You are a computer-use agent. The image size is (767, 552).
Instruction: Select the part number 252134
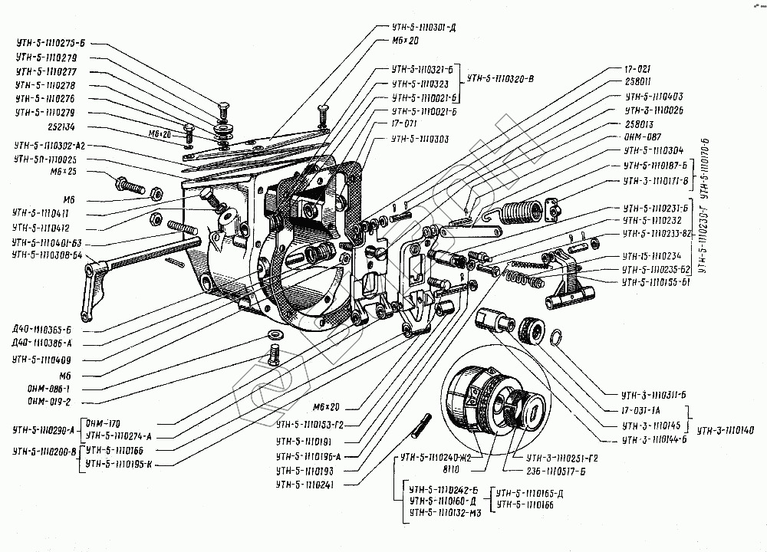(x=29, y=127)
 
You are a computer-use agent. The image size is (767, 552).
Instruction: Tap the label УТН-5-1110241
(x=311, y=485)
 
